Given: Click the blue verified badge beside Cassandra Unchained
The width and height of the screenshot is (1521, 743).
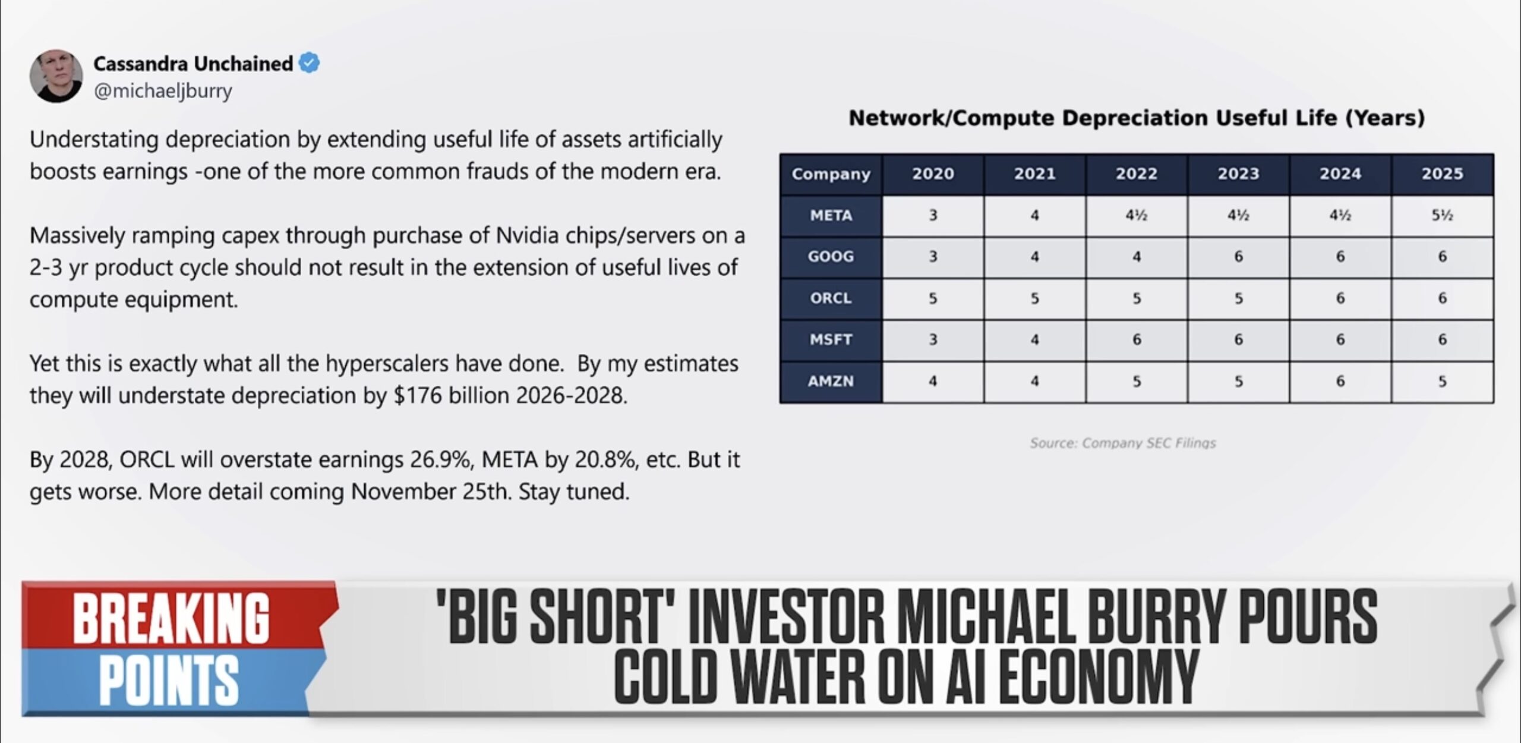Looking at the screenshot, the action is pos(309,62).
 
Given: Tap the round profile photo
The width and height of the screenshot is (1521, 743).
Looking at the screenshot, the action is pos(56,76).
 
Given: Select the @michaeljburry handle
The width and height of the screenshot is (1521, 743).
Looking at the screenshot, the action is pos(163,91).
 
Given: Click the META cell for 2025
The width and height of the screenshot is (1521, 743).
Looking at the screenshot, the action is pos(1442,215).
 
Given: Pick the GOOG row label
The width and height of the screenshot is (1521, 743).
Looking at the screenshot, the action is pos(831,257).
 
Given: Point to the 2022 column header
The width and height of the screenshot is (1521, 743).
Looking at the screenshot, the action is pos(1136,174).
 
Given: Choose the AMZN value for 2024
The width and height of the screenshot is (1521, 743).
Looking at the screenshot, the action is pos(1340,381).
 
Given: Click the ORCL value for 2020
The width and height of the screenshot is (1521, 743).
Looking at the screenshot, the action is pos(933,298).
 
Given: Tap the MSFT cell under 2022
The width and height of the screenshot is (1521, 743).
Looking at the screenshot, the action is pos(1136,339).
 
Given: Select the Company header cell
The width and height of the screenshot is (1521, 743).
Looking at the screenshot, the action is pos(831,174).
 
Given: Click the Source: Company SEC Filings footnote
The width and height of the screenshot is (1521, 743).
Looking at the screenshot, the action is pos(1123,443).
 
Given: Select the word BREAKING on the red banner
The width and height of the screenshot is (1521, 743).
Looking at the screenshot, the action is pos(171,618).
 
